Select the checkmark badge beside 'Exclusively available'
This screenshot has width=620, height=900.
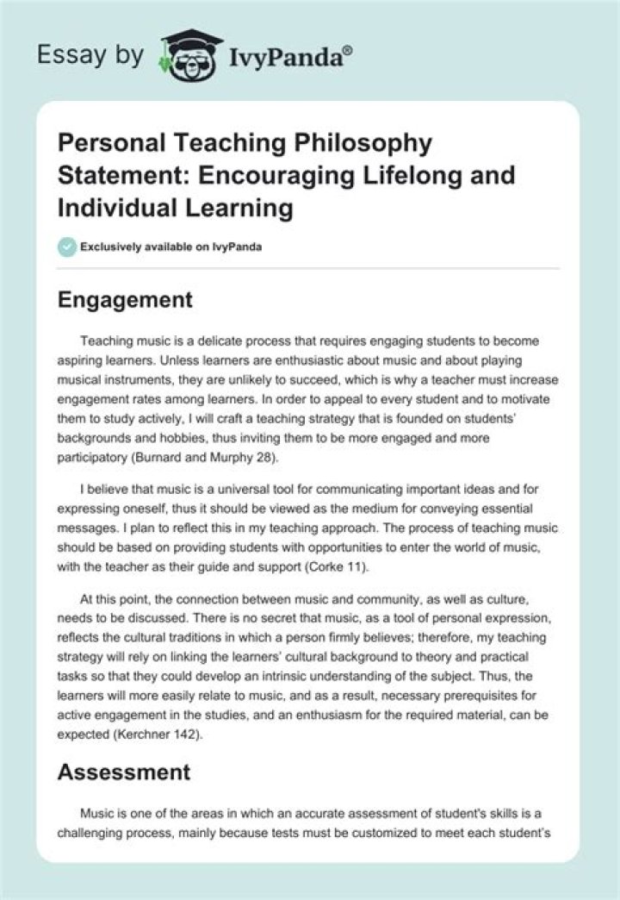tap(66, 247)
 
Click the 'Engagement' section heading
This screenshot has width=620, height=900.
tap(124, 300)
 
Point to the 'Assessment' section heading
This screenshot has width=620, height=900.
tap(123, 772)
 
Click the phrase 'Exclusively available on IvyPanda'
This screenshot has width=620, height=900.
tap(171, 247)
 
